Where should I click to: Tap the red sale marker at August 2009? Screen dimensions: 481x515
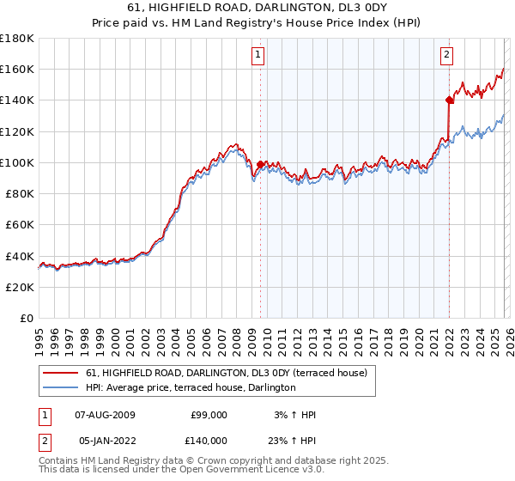(x=260, y=163)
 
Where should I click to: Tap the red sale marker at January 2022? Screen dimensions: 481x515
(x=449, y=100)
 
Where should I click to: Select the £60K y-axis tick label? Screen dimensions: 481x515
(x=19, y=224)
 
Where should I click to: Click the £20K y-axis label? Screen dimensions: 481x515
(x=19, y=287)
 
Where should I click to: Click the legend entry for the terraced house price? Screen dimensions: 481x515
(x=227, y=373)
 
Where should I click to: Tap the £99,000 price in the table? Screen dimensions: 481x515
(x=209, y=415)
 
